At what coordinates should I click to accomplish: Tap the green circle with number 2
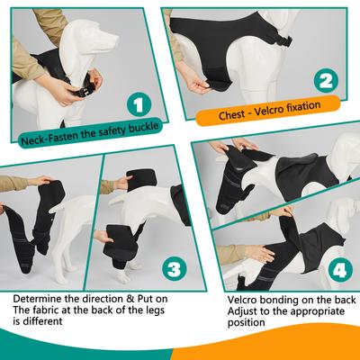(x=326, y=79)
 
